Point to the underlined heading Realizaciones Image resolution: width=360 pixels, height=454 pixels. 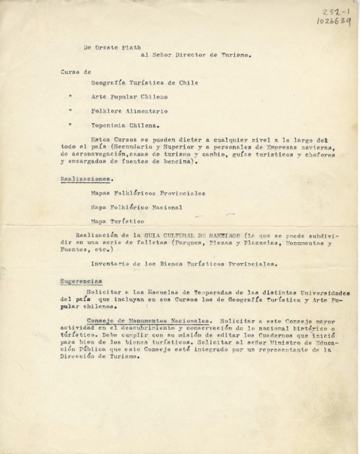(x=82, y=179)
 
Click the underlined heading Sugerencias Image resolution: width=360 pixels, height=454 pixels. (x=81, y=280)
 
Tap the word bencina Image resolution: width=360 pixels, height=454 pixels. (x=178, y=162)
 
